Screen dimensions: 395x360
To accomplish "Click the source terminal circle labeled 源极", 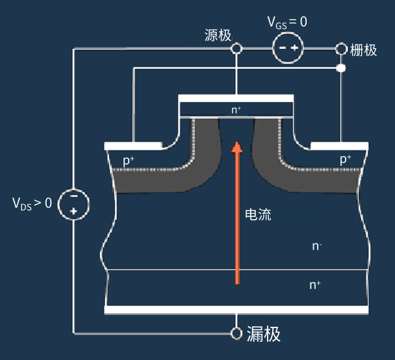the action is (x=236, y=48).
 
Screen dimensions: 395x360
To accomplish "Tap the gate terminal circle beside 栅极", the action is (x=341, y=49).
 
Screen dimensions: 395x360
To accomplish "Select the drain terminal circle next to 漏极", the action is (x=236, y=333).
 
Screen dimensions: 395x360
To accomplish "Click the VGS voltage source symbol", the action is (x=288, y=48).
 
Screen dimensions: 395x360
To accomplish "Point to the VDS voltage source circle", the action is (x=73, y=204).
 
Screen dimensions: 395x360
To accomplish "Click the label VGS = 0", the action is (x=287, y=23).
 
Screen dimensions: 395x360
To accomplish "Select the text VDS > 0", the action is (x=32, y=203).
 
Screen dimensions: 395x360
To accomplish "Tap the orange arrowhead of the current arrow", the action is (x=236, y=147).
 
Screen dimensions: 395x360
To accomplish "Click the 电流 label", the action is (x=258, y=215).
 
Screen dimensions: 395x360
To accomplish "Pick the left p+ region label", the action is (x=129, y=161).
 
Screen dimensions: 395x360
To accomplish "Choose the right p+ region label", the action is (x=346, y=159).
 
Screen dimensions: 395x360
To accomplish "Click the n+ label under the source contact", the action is (x=236, y=110).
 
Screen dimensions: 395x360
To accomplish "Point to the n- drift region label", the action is (x=317, y=246).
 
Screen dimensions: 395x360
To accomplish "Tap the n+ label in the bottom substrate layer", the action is (x=315, y=285).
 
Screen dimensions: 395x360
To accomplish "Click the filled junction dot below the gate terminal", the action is (x=341, y=68).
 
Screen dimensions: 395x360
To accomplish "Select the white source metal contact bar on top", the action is (x=236, y=98).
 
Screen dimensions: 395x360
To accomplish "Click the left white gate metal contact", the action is (x=133, y=146).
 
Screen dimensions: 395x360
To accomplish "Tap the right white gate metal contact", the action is (x=339, y=146).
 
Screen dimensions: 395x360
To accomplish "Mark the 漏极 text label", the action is (x=264, y=334).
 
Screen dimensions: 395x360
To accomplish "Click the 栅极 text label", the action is (x=364, y=50).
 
